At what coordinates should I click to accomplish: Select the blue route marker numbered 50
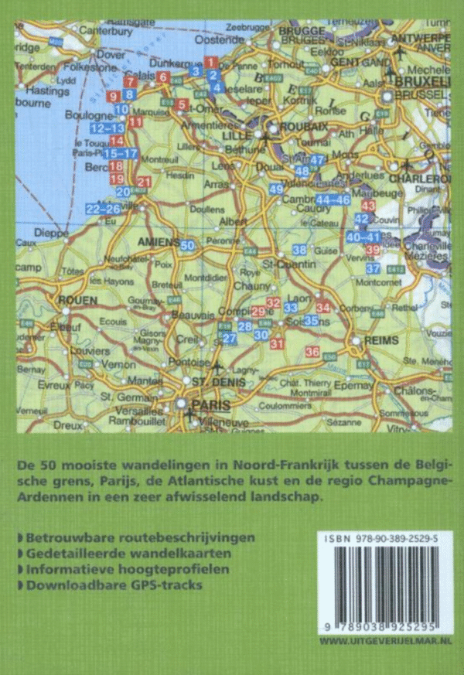(187, 245)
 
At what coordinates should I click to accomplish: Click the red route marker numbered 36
(312, 353)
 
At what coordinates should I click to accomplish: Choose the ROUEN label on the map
(77, 300)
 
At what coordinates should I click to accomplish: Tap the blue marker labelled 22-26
(103, 209)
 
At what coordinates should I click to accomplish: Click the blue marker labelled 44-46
(334, 199)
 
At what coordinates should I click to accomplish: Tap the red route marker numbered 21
(142, 182)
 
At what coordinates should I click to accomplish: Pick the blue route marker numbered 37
(373, 268)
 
